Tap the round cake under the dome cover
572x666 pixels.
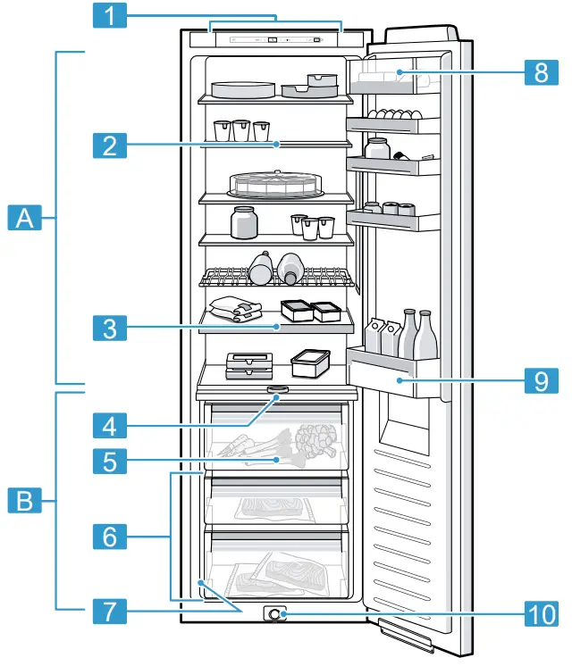[275, 184]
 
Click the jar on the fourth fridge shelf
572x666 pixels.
[244, 222]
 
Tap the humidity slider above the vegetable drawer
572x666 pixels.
[278, 390]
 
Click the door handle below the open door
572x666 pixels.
[406, 631]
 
